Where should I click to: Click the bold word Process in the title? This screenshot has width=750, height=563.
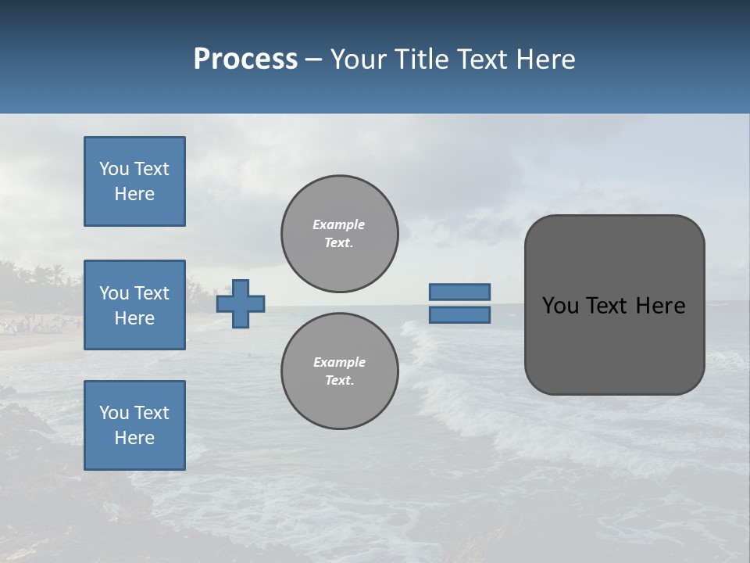(245, 59)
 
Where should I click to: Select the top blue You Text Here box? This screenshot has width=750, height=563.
(134, 181)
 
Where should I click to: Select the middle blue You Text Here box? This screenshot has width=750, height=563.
(134, 305)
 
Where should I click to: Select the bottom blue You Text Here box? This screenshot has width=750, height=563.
(134, 425)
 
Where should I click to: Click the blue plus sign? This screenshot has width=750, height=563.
(241, 303)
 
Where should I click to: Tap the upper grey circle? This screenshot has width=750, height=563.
(339, 234)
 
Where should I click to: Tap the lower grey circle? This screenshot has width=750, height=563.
(339, 371)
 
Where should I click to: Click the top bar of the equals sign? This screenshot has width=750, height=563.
(459, 292)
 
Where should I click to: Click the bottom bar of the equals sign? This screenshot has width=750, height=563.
(459, 314)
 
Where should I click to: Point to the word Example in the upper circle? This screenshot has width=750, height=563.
(338, 224)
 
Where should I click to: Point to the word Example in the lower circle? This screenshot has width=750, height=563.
(339, 362)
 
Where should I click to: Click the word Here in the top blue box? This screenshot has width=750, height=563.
(134, 194)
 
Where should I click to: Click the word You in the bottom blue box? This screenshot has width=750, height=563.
(114, 413)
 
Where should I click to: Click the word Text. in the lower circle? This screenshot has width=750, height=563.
(339, 380)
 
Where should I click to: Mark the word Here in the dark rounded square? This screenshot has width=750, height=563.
(660, 306)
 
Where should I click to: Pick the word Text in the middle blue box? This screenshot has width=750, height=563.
(151, 293)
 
